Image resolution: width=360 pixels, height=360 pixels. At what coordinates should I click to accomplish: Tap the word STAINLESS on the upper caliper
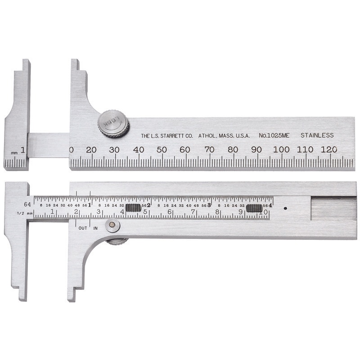(317, 135)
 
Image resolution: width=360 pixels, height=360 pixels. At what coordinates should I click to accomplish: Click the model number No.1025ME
(275, 135)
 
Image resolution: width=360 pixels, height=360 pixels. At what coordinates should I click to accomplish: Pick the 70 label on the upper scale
(209, 149)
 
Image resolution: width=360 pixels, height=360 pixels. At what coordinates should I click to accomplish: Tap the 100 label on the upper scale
(281, 149)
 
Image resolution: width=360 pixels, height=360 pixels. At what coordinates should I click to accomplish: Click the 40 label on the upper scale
(138, 149)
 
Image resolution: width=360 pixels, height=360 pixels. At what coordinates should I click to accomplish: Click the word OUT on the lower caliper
(83, 228)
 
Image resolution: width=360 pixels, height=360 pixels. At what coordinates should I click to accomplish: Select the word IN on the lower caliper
(95, 228)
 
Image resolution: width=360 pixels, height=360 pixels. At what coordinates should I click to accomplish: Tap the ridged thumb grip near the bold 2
(133, 208)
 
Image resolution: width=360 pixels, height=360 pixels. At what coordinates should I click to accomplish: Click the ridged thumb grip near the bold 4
(254, 208)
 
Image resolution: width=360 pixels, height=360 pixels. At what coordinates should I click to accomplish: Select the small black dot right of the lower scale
(285, 208)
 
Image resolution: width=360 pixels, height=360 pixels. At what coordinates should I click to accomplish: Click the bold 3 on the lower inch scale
(209, 205)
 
